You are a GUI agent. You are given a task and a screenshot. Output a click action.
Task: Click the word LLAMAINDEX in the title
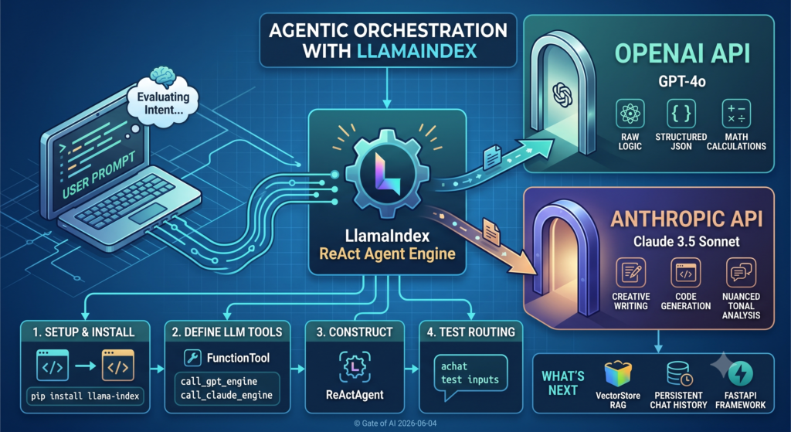click(x=416, y=51)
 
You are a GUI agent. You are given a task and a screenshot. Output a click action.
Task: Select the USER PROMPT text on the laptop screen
click(x=99, y=175)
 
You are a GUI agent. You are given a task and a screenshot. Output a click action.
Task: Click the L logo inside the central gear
click(x=388, y=173)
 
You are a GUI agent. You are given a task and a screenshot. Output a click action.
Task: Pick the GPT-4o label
click(x=681, y=81)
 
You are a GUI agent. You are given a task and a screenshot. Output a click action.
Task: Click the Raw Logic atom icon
click(x=630, y=114)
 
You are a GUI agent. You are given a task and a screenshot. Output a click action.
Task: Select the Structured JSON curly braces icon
click(x=681, y=114)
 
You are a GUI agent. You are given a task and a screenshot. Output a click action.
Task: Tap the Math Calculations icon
click(x=736, y=114)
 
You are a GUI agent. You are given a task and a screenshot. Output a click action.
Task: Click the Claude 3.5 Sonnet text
click(x=687, y=241)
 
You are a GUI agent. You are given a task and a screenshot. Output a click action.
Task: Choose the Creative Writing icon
click(x=630, y=273)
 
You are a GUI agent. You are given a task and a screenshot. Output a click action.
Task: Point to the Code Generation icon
click(x=686, y=273)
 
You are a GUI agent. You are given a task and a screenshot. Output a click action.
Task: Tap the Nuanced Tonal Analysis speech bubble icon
click(x=741, y=273)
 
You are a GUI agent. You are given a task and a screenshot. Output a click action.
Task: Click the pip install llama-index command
click(x=85, y=396)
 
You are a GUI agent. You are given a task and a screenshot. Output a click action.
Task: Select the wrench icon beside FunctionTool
click(x=192, y=358)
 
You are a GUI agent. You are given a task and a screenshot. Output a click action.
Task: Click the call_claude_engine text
click(x=226, y=395)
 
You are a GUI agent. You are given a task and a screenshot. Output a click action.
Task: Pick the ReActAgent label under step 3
click(x=355, y=395)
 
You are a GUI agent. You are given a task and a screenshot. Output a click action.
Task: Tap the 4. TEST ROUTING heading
click(x=470, y=332)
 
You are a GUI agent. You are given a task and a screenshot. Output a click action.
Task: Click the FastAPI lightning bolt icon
click(x=741, y=374)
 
